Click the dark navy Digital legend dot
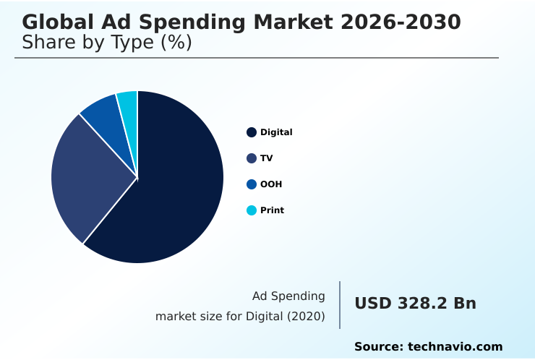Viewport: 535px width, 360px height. [252, 132]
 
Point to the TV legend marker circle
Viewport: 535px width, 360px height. [252, 158]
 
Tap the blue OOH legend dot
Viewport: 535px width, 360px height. [252, 184]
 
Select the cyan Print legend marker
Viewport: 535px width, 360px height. [252, 210]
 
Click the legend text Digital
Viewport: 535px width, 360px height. [276, 132]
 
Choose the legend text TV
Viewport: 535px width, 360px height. [267, 158]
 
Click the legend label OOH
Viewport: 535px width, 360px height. [271, 184]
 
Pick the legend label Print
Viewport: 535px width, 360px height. [272, 210]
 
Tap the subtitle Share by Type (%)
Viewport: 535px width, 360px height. [107, 43]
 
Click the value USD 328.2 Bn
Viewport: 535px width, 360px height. [415, 304]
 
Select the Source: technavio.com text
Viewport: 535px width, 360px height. [428, 347]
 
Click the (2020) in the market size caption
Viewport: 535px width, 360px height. [307, 316]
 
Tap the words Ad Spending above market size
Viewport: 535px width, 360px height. [288, 296]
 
